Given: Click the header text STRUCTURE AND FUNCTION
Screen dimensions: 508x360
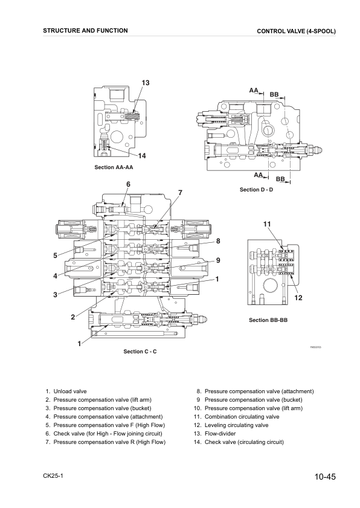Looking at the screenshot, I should [x=85, y=30].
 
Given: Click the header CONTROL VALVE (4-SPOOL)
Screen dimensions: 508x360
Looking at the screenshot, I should [x=296, y=31].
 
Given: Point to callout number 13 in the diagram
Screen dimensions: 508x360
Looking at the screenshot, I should [x=146, y=82].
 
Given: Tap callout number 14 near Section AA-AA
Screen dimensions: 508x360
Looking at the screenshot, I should [x=142, y=156].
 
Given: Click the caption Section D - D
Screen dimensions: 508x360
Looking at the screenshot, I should [x=256, y=190].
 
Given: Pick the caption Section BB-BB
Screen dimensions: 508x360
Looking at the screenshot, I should [x=267, y=320].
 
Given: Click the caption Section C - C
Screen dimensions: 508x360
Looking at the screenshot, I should [x=140, y=352].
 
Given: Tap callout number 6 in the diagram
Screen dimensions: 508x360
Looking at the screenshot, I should [x=128, y=184].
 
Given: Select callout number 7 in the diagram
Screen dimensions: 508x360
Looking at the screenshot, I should [x=179, y=193].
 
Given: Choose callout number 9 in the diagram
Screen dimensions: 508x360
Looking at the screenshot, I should [x=217, y=260].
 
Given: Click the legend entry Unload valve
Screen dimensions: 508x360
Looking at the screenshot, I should [x=70, y=391].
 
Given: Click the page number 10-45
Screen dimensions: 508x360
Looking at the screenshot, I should [x=324, y=477].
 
